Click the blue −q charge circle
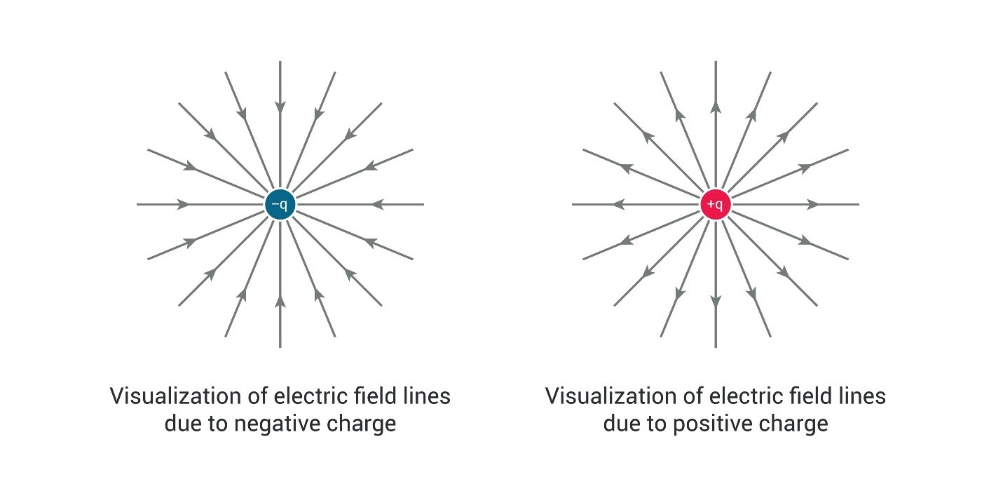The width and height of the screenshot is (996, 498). tap(280, 205)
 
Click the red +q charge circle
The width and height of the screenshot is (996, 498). tap(716, 205)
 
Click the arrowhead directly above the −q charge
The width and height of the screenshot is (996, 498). tap(280, 107)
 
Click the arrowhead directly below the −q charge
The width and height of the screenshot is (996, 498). tap(280, 302)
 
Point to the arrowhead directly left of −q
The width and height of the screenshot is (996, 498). tap(183, 205)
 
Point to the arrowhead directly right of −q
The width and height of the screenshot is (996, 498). tap(377, 205)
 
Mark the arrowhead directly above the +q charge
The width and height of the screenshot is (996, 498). tap(716, 107)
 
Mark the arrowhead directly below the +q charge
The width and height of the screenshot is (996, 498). tap(716, 302)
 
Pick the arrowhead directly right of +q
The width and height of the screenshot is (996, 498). tap(813, 205)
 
